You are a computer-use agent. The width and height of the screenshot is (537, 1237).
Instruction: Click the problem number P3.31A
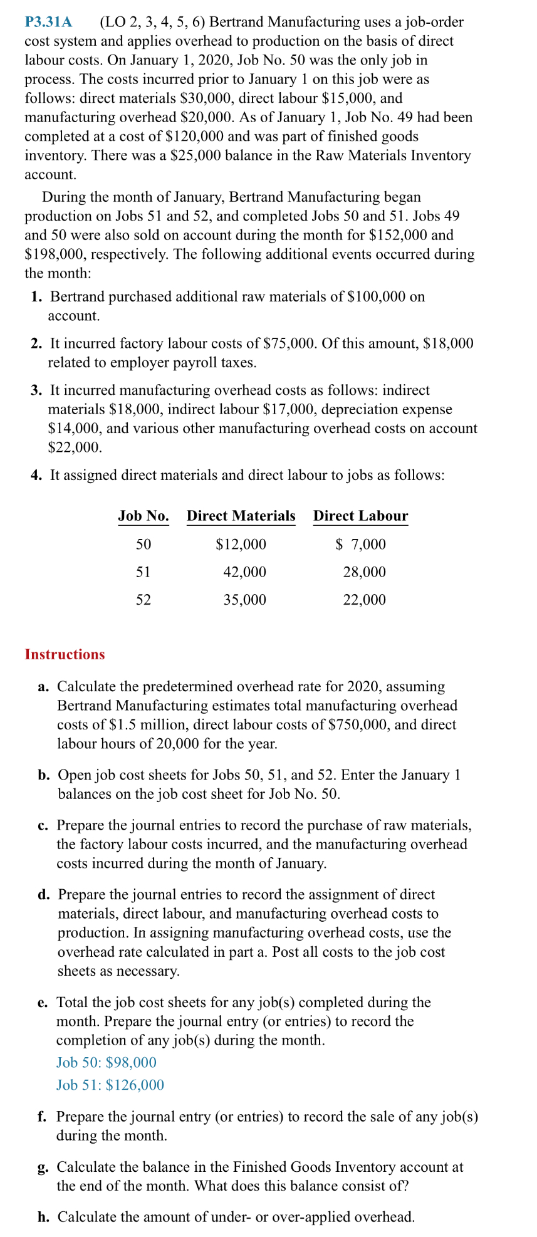(48, 23)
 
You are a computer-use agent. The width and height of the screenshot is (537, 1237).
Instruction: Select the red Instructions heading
(65, 654)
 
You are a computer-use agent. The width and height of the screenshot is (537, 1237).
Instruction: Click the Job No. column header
(143, 516)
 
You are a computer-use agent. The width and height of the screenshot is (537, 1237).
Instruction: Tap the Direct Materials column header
(241, 516)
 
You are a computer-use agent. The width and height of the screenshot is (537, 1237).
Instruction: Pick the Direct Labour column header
(360, 516)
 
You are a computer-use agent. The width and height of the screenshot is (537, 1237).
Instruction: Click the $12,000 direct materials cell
(241, 544)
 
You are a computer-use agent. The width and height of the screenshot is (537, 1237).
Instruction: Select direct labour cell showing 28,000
(364, 572)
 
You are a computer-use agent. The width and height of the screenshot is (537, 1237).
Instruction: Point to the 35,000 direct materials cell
(244, 600)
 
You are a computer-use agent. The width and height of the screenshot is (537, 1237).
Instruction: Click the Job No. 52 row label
(143, 600)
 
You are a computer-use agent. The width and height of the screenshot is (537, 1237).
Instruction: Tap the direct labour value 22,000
(364, 600)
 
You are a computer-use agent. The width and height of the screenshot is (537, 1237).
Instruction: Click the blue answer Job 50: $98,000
(107, 1062)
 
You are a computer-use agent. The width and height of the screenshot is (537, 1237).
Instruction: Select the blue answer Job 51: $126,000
(110, 1085)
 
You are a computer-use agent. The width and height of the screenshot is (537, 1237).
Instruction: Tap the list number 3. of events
(37, 390)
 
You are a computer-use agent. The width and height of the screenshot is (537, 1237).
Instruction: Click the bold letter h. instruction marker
(43, 1217)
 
